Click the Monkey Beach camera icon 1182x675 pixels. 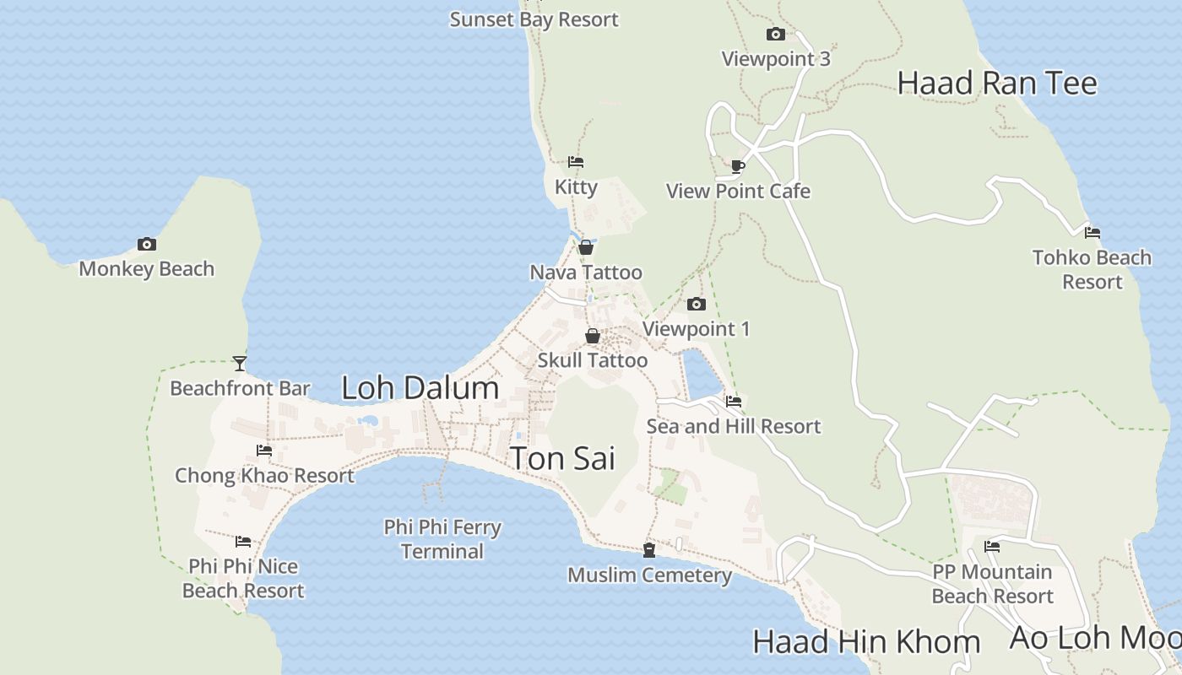coord(147,245)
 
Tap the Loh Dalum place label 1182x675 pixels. coord(420,388)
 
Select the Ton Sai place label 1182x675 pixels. coord(562,458)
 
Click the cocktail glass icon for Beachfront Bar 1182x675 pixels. coord(240,364)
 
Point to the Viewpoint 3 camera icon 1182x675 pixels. coord(775,35)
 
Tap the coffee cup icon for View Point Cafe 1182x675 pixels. coord(738,166)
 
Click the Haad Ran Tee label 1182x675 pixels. coord(996,84)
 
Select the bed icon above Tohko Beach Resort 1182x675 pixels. coord(1093,232)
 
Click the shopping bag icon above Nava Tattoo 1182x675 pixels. coord(586,247)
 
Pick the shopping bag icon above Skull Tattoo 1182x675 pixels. coord(593,336)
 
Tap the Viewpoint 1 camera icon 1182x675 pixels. coord(696,304)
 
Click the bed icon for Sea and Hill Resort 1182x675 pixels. coord(734,402)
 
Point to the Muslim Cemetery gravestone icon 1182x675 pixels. coord(649,550)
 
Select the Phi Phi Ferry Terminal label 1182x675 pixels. coord(442,539)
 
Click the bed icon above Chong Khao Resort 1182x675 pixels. coord(264,451)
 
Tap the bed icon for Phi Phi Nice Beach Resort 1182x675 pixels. coord(243,542)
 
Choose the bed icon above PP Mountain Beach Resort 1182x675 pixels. coord(992,547)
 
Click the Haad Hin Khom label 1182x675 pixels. coord(865,642)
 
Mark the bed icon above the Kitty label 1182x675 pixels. coord(576,162)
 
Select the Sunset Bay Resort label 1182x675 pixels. coord(534,19)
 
